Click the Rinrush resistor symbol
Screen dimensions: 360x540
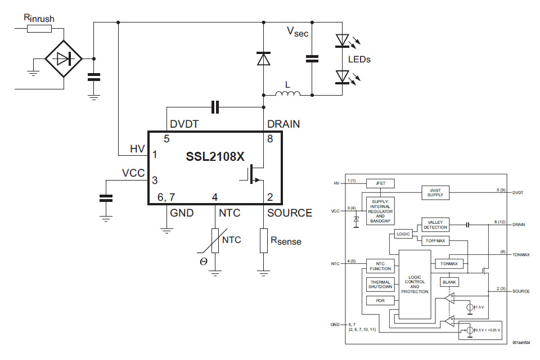point(39,28)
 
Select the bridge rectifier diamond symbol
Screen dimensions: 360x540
point(64,58)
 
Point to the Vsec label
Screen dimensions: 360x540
point(298,33)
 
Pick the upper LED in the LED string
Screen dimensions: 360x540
point(343,40)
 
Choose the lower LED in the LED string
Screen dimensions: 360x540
point(343,76)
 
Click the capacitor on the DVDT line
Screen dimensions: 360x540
point(215,107)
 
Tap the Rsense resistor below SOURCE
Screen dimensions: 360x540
point(263,240)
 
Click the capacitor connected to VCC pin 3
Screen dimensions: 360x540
point(105,198)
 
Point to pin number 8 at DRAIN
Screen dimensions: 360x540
point(269,138)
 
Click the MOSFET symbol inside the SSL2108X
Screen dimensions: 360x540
point(253,173)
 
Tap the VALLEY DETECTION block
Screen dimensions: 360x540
point(435,225)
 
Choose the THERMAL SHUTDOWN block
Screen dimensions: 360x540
point(380,284)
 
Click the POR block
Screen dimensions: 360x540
point(380,300)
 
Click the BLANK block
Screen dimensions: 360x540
point(449,282)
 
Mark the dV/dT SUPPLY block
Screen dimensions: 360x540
point(435,192)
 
